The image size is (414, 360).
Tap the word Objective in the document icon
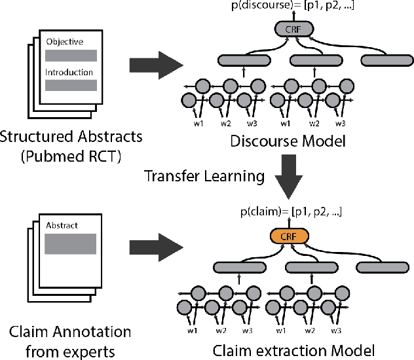click(x=65, y=42)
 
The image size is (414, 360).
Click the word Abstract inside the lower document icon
click(x=62, y=226)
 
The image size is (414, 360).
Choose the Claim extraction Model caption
click(x=297, y=348)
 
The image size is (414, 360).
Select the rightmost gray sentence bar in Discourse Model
click(x=385, y=60)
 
